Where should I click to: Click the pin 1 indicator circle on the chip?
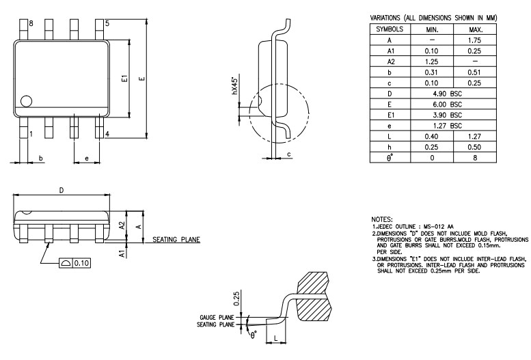pyautogui.click(x=27, y=101)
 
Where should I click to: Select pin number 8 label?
pyautogui.click(x=31, y=23)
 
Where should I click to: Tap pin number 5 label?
pyautogui.click(x=107, y=23)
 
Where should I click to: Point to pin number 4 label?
pyautogui.click(x=107, y=134)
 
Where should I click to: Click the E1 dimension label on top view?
pyautogui.click(x=124, y=79)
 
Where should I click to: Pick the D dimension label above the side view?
pyautogui.click(x=61, y=190)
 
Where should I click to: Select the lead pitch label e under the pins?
pyautogui.click(x=86, y=158)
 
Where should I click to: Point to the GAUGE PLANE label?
pyautogui.click(x=217, y=318)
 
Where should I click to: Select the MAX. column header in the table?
pyautogui.click(x=478, y=30)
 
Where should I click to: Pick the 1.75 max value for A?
pyautogui.click(x=478, y=40)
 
